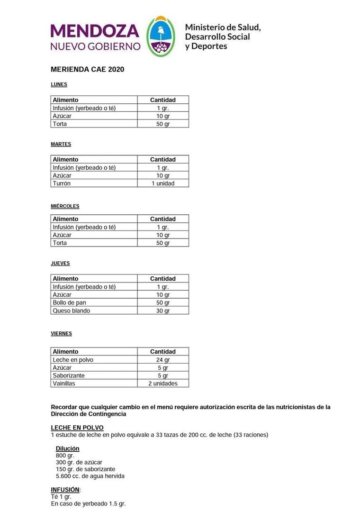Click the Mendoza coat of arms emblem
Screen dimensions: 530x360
161,36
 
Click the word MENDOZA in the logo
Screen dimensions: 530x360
95,31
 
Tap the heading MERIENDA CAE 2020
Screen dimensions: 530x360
87,69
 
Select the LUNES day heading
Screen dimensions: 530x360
59,84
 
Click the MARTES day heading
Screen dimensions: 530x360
61,144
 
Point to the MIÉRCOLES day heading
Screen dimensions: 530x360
65,206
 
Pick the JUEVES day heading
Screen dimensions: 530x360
60,263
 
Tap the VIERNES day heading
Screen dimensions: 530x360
61,334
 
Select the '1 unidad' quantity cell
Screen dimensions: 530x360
163,183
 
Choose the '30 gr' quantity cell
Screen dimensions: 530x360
163,311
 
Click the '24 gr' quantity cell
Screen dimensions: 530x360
163,360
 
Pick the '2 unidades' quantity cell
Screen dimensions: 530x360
163,384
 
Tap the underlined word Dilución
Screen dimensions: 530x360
67,448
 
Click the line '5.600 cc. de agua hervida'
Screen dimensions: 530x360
90,476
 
